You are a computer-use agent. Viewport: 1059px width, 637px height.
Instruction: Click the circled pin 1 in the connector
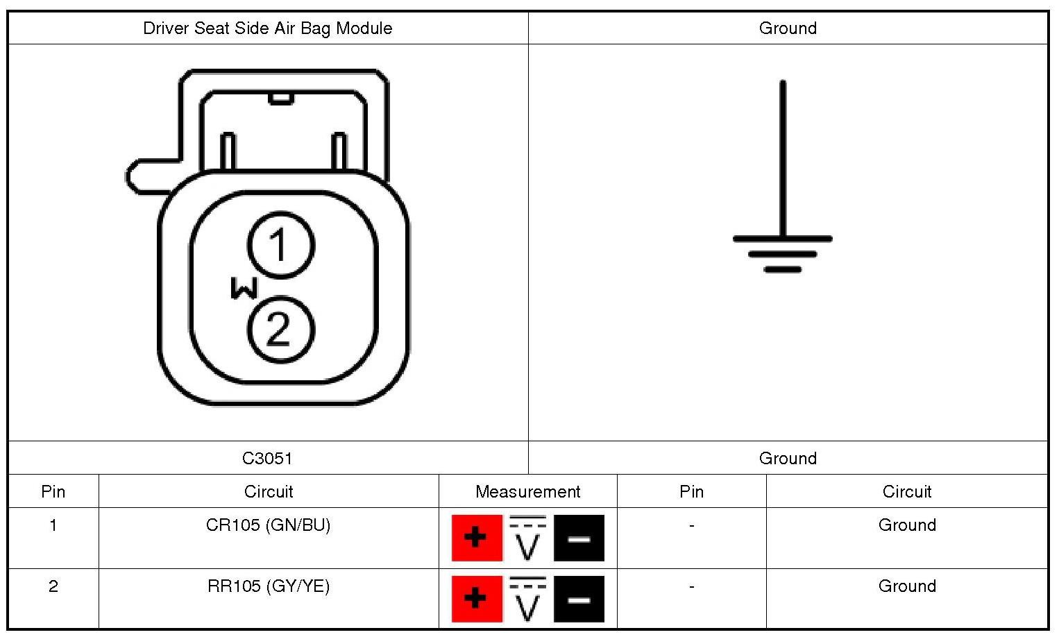coord(280,245)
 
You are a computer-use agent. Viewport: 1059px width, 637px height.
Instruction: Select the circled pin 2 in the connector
coord(280,330)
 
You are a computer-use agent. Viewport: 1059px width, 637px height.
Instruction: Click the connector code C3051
coord(267,458)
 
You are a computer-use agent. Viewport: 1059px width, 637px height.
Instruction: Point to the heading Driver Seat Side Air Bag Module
coord(267,28)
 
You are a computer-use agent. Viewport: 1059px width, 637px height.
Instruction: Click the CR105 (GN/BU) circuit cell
coord(268,525)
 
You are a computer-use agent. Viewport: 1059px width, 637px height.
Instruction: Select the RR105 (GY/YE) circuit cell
coord(268,586)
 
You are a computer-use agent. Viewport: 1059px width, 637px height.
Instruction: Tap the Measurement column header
coord(527,492)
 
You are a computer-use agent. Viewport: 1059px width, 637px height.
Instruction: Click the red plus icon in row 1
coord(476,538)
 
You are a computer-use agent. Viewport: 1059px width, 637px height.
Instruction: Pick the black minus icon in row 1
coord(579,538)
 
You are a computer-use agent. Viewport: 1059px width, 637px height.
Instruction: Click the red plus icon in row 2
coord(476,598)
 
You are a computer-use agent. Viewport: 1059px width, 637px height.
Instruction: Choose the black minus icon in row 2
coord(579,598)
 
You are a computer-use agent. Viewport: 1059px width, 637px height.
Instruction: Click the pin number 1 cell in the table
coord(53,525)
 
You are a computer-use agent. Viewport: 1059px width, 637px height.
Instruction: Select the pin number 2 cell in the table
coord(53,586)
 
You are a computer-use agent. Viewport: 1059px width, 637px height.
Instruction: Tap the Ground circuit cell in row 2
coord(906,586)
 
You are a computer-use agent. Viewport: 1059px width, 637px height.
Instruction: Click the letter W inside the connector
coord(244,288)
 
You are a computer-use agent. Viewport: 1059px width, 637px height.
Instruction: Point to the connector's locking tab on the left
coord(149,176)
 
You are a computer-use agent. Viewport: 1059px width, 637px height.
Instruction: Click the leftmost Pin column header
coord(53,492)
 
